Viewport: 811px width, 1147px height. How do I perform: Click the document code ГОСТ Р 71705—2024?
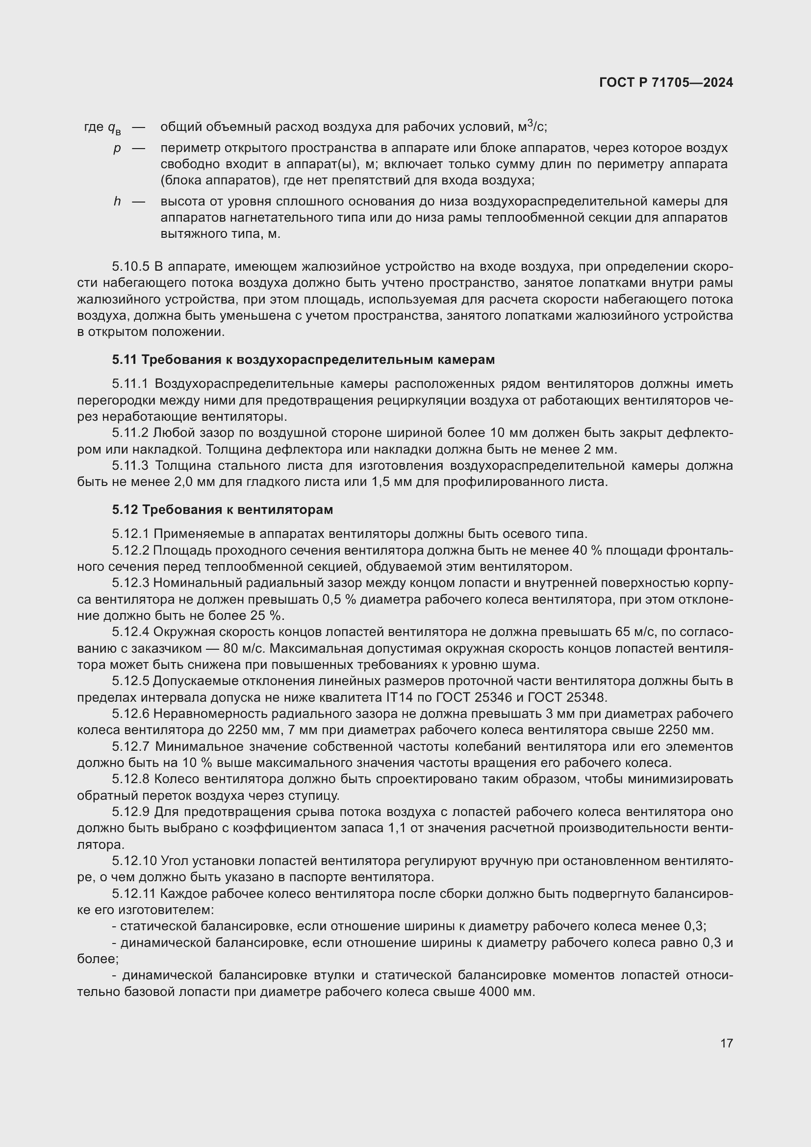666,83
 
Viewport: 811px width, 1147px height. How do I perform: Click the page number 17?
727,1043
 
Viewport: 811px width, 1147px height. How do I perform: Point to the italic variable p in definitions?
117,149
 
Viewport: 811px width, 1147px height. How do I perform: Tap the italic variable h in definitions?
117,202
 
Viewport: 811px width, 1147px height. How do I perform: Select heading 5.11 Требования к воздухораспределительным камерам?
303,359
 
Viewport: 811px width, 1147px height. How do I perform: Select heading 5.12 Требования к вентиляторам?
222,510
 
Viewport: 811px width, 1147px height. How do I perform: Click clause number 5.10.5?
131,267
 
